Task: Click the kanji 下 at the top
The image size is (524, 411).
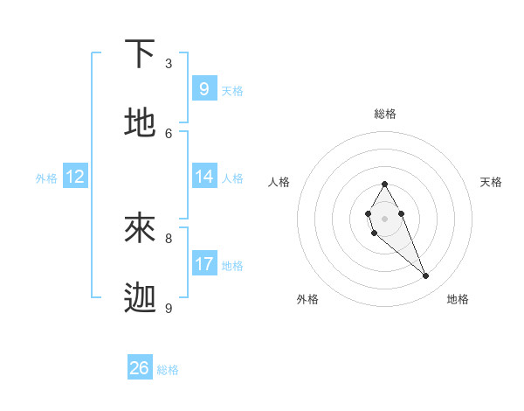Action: (x=141, y=54)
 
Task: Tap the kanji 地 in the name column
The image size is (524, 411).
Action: (x=141, y=122)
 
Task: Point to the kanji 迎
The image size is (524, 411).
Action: (x=141, y=298)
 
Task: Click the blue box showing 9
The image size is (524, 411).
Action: (x=203, y=88)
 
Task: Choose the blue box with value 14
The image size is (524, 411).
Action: (x=203, y=176)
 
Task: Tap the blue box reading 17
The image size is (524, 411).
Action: (x=203, y=263)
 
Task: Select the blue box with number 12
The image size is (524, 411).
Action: (x=75, y=177)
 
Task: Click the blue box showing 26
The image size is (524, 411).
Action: (x=140, y=368)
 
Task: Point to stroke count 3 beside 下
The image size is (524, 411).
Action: (x=169, y=64)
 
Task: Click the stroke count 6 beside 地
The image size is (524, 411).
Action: (x=169, y=133)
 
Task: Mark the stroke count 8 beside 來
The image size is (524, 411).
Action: (x=169, y=238)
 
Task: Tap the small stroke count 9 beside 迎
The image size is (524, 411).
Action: (x=169, y=308)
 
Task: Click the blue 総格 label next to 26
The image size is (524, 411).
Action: (x=168, y=370)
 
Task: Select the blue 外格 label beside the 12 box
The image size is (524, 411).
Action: (x=46, y=178)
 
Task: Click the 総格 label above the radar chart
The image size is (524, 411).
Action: (x=385, y=114)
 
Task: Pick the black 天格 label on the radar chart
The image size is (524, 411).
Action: (x=491, y=182)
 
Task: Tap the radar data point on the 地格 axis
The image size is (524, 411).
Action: (x=426, y=276)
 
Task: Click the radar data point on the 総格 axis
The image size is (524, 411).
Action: (x=384, y=184)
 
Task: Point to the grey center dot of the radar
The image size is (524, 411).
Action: (x=384, y=218)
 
